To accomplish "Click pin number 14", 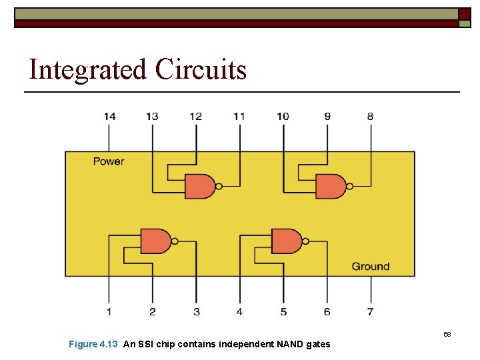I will pyautogui.click(x=109, y=117).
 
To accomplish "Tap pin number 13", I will pyautogui.click(x=153, y=117).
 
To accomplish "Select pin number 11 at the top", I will pyautogui.click(x=239, y=117).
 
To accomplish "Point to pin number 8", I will pyautogui.click(x=370, y=117).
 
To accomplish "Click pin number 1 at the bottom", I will pyautogui.click(x=109, y=311).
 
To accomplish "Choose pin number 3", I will pyautogui.click(x=196, y=311).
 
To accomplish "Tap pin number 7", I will pyautogui.click(x=370, y=311).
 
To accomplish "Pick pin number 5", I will pyautogui.click(x=283, y=311).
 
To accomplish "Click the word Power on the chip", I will pyautogui.click(x=109, y=161).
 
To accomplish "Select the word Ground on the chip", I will pyautogui.click(x=371, y=267).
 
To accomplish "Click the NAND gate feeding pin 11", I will pyautogui.click(x=199, y=187).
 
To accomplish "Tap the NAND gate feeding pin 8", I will pyautogui.click(x=330, y=187).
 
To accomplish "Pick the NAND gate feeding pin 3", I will pyautogui.click(x=155, y=241).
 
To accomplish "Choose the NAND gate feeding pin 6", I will pyautogui.click(x=286, y=241).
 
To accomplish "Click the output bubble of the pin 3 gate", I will pyautogui.click(x=175, y=241).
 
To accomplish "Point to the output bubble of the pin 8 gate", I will pyautogui.click(x=349, y=187).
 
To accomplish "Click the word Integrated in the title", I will pyautogui.click(x=87, y=69).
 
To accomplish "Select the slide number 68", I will pyautogui.click(x=447, y=333).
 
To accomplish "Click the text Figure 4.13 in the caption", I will pyautogui.click(x=93, y=344).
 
